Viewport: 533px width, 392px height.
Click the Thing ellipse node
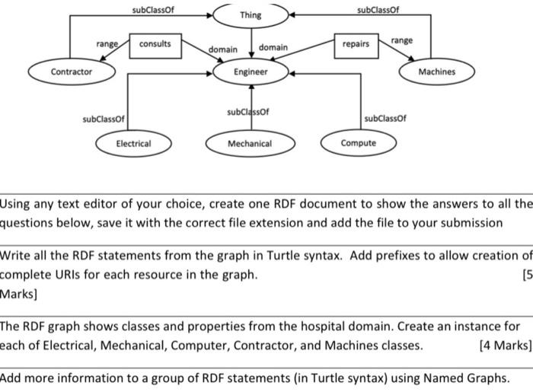[250, 15]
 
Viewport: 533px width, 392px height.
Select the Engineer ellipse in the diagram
[251, 72]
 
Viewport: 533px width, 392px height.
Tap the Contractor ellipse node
[71, 72]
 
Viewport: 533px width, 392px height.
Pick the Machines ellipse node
[436, 72]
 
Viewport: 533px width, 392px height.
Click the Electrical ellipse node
[133, 143]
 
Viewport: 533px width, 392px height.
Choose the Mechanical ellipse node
[250, 143]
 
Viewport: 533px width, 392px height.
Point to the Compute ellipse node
[358, 143]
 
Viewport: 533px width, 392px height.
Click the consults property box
[155, 43]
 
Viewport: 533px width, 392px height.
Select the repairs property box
[355, 44]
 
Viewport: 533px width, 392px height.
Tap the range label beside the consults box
[107, 44]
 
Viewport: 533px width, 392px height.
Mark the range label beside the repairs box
[402, 40]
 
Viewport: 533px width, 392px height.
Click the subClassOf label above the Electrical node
[104, 120]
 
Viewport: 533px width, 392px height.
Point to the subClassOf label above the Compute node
[385, 119]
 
